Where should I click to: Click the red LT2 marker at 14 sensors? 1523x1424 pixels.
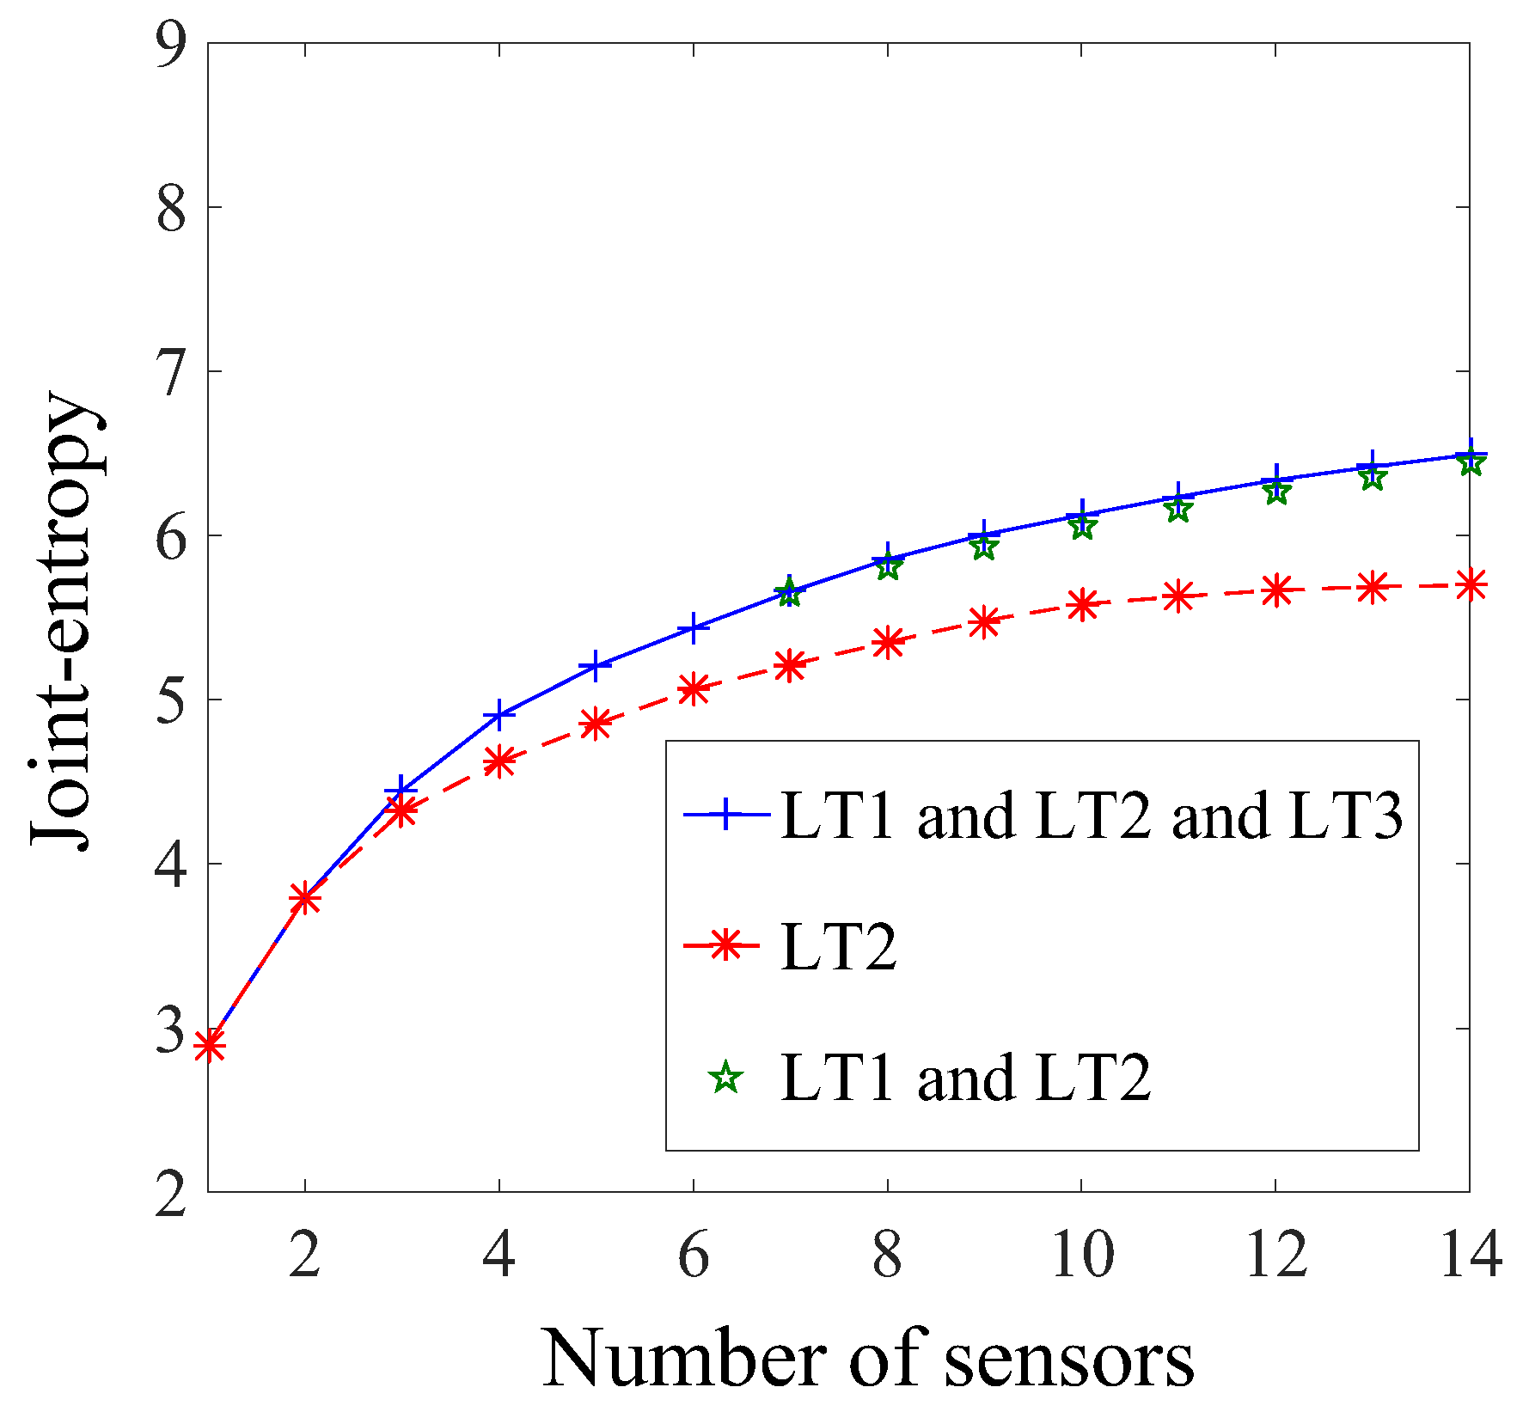[x=1470, y=586]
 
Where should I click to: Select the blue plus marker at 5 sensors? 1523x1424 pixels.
[x=596, y=666]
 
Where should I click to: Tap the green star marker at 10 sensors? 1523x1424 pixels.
[x=1082, y=526]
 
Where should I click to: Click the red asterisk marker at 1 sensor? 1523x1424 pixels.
[x=209, y=1046]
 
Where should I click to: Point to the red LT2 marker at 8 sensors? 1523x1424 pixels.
[x=888, y=642]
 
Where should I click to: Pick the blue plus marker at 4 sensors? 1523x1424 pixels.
[x=498, y=715]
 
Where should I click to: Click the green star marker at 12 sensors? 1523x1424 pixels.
[x=1276, y=492]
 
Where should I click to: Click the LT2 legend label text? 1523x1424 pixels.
[x=839, y=947]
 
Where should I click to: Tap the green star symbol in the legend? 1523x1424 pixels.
[x=726, y=1077]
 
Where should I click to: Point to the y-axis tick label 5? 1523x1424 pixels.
[x=171, y=700]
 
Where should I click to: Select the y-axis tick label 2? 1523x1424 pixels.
[x=171, y=1193]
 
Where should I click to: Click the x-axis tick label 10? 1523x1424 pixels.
[x=1082, y=1256]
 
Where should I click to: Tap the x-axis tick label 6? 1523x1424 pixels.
[x=693, y=1256]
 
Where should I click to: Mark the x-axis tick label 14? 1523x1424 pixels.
[x=1470, y=1256]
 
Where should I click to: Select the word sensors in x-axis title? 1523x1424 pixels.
[x=1068, y=1359]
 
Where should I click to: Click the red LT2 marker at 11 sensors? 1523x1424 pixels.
[x=1179, y=596]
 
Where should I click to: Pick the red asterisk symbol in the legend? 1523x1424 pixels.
[x=726, y=945]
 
